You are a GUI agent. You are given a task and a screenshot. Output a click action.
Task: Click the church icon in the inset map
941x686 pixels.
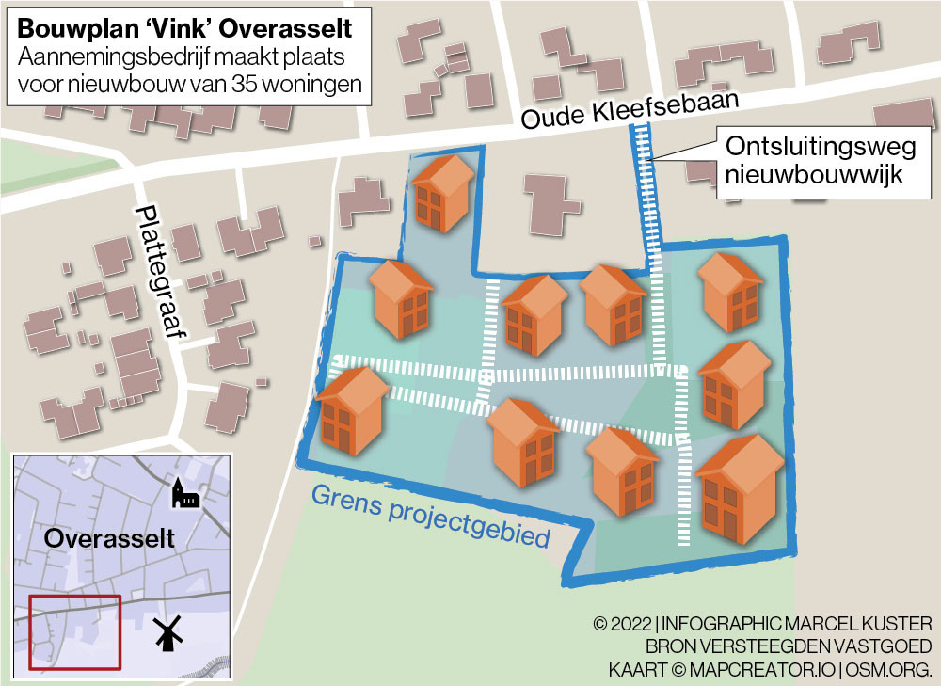(x=184, y=492)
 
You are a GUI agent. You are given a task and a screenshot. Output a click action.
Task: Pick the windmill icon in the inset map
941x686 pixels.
(x=167, y=635)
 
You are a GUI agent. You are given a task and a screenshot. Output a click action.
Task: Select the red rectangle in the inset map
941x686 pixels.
(x=74, y=632)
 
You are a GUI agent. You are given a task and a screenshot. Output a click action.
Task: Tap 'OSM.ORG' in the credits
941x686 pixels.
(x=888, y=669)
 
